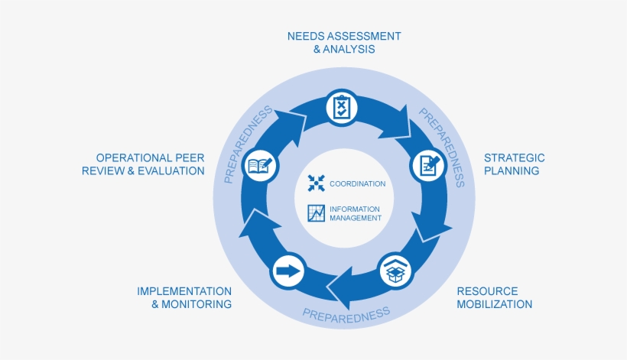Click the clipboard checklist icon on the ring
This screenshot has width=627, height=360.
coord(341,107)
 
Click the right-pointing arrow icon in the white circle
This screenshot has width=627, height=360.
coord(288,271)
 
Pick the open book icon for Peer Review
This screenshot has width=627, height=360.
coord(259,165)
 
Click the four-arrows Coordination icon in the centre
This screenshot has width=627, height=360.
coord(317,183)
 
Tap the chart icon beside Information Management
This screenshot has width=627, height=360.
coord(317,213)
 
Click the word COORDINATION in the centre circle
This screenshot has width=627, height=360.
coord(357,184)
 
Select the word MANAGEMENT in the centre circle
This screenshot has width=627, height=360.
coord(355,218)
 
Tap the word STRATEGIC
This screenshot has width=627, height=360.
coord(514,157)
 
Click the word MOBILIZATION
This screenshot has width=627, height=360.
coord(494,304)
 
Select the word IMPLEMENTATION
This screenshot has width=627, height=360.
coord(184,291)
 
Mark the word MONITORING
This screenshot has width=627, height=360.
coord(197,304)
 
